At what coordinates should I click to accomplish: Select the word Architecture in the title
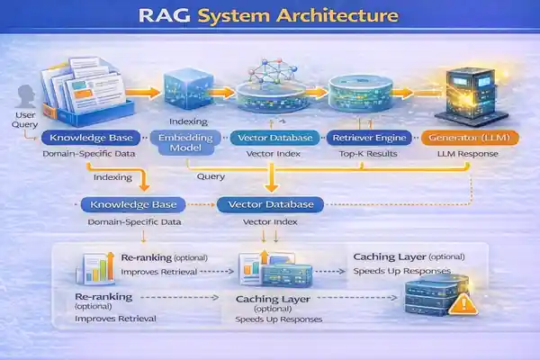[328, 17]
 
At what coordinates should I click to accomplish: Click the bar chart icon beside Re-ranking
[96, 266]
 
